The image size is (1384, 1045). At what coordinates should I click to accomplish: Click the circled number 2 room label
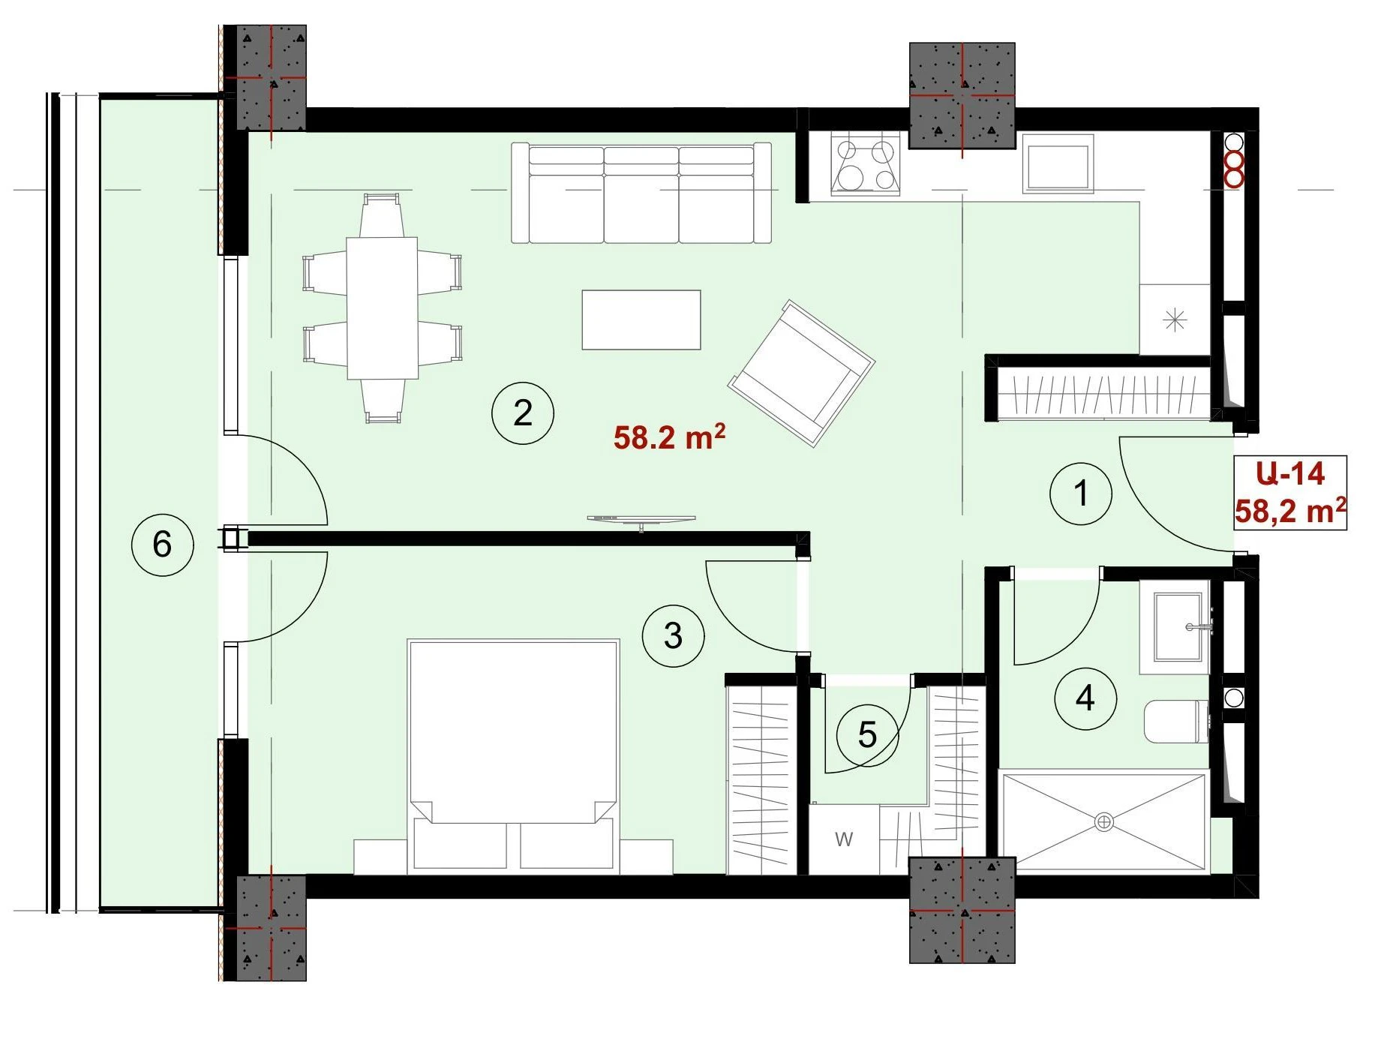[523, 413]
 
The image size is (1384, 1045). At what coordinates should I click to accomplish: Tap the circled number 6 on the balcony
[162, 545]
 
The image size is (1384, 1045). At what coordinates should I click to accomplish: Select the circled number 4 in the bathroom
[1085, 699]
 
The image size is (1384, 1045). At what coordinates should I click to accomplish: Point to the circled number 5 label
[867, 735]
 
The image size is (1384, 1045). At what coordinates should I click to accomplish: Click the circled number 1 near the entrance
[1080, 494]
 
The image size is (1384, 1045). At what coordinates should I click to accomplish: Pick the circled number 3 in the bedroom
[673, 636]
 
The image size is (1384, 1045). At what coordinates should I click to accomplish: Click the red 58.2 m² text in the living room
[669, 437]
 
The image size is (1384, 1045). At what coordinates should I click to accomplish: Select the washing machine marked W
[844, 839]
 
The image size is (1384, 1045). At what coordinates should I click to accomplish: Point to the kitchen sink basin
[1058, 167]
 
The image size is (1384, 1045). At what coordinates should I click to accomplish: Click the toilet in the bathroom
[1177, 722]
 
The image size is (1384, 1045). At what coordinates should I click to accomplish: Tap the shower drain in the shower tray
[1104, 821]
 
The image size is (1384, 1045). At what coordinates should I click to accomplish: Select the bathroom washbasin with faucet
[1175, 627]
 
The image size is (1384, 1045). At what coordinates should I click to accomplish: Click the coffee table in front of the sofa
[641, 320]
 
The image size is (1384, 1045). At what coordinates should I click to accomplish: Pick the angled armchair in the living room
[801, 374]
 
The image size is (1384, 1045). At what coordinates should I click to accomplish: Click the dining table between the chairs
[383, 308]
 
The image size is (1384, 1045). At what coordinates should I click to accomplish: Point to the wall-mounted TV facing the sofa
[641, 520]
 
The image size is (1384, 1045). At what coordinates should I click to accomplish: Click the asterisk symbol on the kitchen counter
[1174, 321]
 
